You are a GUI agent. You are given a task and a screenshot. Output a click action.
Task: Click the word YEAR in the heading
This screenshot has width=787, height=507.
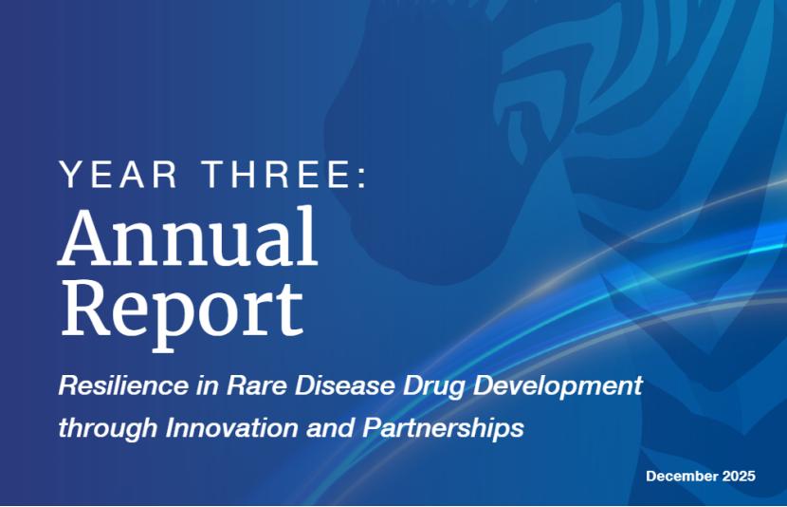119,174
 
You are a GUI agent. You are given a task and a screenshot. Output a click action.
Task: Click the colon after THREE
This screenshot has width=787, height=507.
362,177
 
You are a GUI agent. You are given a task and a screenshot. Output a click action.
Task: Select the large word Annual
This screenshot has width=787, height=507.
189,235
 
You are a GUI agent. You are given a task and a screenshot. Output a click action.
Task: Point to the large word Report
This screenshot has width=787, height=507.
182,310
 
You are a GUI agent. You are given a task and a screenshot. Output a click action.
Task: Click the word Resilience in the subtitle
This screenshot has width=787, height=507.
123,385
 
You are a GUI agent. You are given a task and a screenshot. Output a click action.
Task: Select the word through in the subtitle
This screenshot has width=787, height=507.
108,428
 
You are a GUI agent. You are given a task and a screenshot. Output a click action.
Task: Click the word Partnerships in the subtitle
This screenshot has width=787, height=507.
443,428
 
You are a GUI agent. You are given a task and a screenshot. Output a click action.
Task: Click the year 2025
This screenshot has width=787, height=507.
739,476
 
